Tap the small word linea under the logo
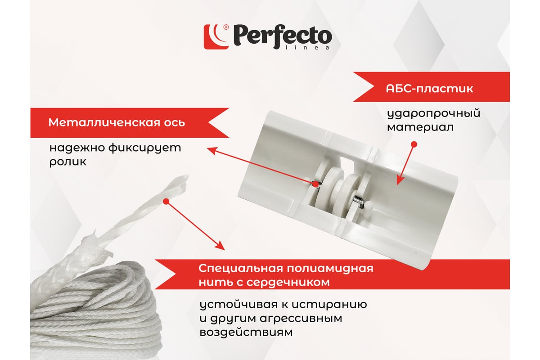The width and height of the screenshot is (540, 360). pyautogui.click(x=307, y=48)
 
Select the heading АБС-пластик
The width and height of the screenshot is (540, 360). pyautogui.click(x=430, y=89)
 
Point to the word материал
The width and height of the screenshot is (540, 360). pyautogui.click(x=420, y=127)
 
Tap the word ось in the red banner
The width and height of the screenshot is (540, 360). pyautogui.click(x=175, y=123)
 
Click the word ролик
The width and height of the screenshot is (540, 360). pyautogui.click(x=68, y=162)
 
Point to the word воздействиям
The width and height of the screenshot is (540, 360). pyautogui.click(x=246, y=332)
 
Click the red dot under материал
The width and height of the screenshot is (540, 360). pyautogui.click(x=414, y=144)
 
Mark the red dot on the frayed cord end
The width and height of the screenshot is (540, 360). pyautogui.click(x=166, y=201)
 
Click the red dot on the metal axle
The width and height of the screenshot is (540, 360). pyautogui.click(x=315, y=184)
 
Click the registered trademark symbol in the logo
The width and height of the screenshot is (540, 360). pyautogui.click(x=226, y=27)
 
